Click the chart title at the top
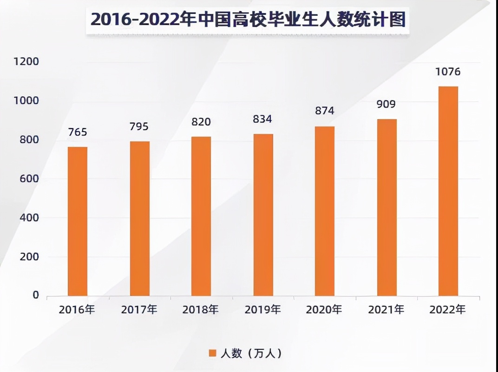pos(248,20)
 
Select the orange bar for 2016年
pos(78,221)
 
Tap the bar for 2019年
pos(263,215)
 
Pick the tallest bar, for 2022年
pos(448,191)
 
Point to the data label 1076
pos(448,72)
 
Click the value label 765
pos(77,132)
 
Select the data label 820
pos(201,122)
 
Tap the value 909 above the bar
pos(386,104)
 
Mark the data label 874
pos(324,111)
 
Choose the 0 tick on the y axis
pos(36,296)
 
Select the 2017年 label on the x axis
pos(139,310)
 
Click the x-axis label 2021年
pos(386,310)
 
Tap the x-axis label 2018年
pos(201,310)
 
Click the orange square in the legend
pos(212,353)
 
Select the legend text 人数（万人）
pos(251,353)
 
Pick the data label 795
pos(139,127)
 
